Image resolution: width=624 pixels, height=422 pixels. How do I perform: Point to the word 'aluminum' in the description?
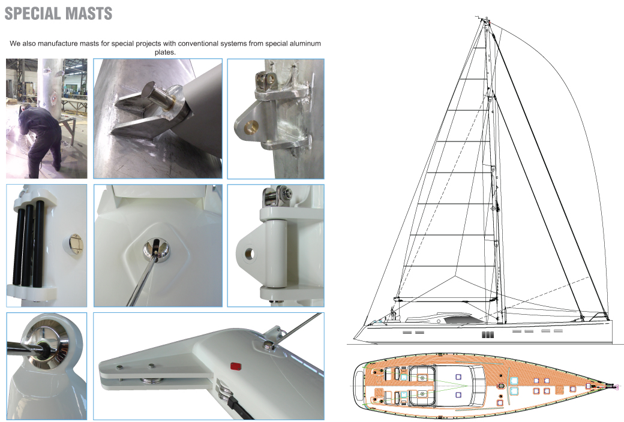point(304,43)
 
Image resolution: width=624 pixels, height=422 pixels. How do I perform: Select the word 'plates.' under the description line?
point(165,52)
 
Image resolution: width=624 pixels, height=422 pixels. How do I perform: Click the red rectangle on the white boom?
point(236,366)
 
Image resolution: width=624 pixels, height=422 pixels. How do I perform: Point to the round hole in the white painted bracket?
point(250,254)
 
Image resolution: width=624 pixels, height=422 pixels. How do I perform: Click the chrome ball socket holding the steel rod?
point(156,250)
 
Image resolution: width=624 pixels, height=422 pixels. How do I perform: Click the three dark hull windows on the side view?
point(487,334)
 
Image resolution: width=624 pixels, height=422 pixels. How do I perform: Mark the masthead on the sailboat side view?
point(485,19)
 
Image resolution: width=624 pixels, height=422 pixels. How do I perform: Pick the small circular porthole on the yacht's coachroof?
point(439,320)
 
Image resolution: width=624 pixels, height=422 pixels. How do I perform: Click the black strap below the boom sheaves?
point(241,408)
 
